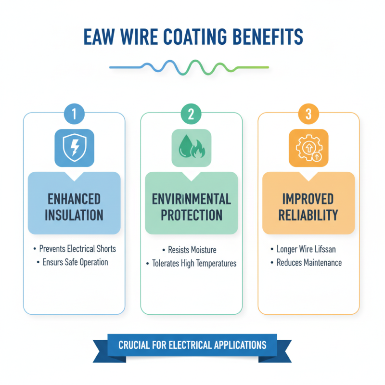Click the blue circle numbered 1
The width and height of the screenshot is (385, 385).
74,114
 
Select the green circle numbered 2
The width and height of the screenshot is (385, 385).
191,114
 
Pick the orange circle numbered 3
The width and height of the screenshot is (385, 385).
308,114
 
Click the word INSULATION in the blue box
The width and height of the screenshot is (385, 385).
74,215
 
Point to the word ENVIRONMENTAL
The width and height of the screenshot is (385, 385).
191,199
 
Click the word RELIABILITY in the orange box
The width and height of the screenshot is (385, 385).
308,215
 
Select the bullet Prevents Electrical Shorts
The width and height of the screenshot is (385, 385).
77,249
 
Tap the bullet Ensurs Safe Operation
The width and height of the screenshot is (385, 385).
74,262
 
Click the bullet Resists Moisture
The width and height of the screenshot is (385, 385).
192,250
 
